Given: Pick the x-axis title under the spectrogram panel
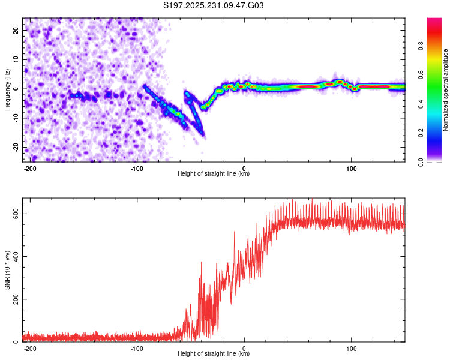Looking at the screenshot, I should coord(214,174).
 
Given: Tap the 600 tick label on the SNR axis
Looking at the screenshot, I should coord(14,214).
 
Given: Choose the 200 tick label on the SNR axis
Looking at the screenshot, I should coord(14,299).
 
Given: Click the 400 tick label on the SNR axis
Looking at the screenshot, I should coord(14,257).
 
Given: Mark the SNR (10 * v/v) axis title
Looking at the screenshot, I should coord(7,270).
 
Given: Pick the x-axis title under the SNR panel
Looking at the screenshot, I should coord(214,354).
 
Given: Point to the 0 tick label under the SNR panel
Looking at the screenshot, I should coord(244,348).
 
